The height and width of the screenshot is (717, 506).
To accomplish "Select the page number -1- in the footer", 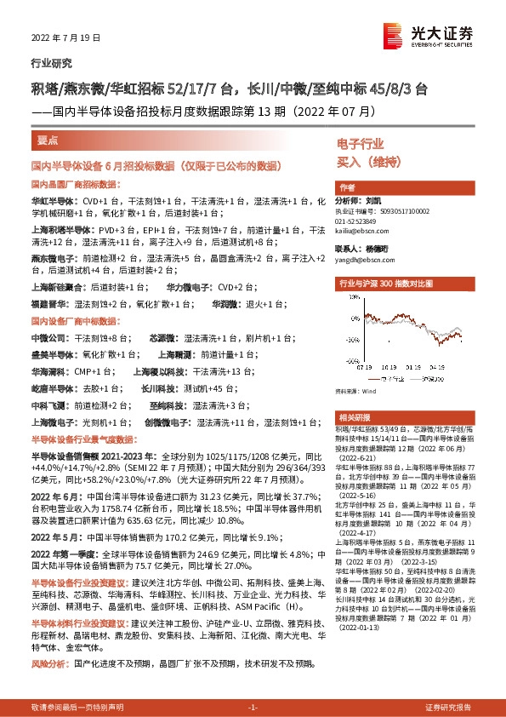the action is coord(252,707).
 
